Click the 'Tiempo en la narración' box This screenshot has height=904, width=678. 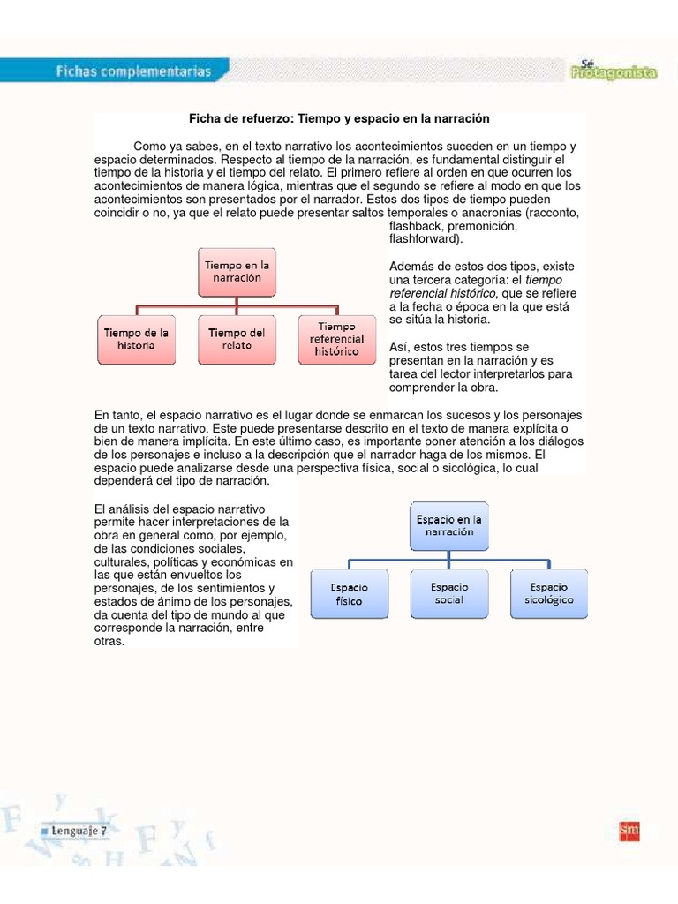tap(235, 272)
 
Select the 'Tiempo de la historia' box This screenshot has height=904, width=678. tap(136, 340)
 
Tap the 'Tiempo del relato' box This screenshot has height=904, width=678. tap(236, 340)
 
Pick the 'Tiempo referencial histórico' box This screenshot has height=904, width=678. tap(336, 340)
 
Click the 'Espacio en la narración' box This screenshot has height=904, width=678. tap(450, 526)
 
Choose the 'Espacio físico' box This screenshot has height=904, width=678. tap(349, 594)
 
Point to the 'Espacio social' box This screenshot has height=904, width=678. tap(449, 593)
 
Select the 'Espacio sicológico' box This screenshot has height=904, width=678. tap(550, 593)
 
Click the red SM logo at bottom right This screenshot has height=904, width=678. tap(629, 831)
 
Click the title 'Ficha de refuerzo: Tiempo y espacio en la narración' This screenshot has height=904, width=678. tap(340, 118)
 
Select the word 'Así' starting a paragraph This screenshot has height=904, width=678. tap(398, 347)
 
